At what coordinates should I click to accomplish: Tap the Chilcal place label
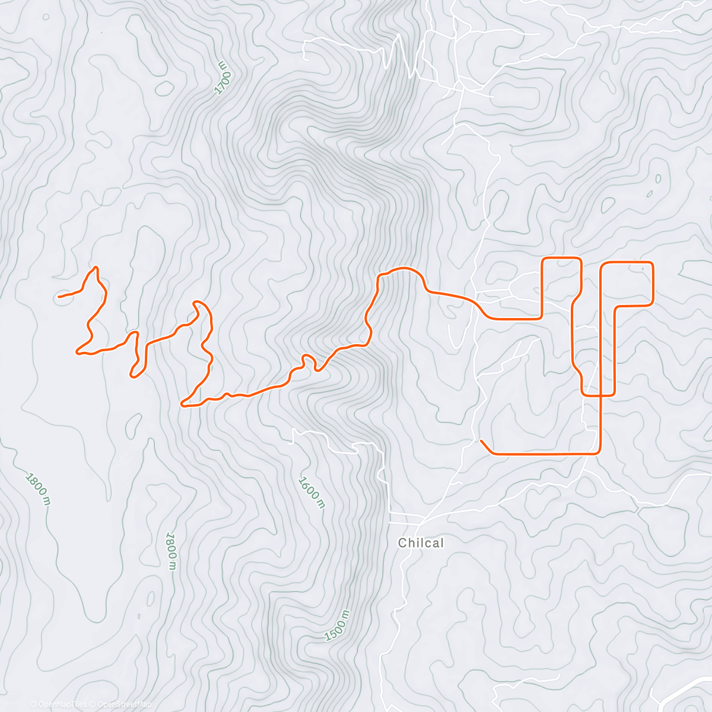click(x=421, y=543)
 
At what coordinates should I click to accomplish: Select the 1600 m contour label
click(x=311, y=492)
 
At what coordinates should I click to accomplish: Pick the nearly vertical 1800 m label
click(x=171, y=551)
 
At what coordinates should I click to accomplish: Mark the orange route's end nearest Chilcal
click(x=481, y=441)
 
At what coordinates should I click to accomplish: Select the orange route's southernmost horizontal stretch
click(x=540, y=454)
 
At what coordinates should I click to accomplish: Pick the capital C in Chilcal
click(x=402, y=543)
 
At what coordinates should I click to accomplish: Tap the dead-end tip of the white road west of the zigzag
click(x=304, y=59)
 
